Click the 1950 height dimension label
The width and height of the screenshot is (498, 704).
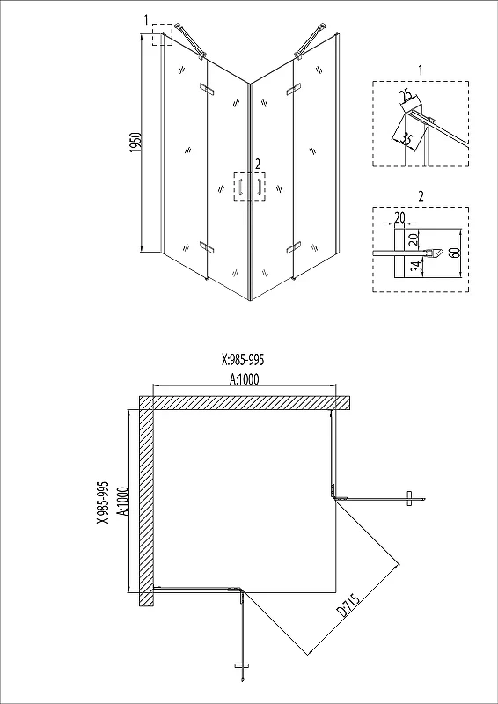[136, 142]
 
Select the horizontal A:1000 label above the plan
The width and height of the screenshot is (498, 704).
[245, 380]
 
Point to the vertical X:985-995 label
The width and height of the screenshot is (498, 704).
[103, 502]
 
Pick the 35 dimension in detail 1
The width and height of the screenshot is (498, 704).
[406, 138]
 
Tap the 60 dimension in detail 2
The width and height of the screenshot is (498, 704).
[455, 252]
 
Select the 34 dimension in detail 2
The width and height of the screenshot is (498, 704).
[417, 268]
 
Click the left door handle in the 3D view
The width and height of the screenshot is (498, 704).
[240, 187]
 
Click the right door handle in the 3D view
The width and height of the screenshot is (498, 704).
[259, 187]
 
